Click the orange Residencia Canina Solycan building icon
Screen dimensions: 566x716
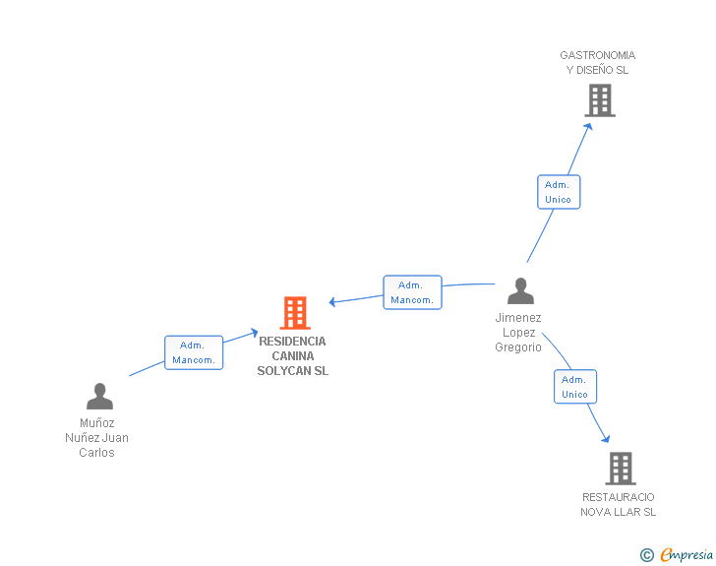(295, 313)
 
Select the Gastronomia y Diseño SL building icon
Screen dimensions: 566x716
(599, 100)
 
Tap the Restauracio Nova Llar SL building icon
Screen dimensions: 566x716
(620, 469)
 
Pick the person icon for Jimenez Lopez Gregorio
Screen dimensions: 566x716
(520, 291)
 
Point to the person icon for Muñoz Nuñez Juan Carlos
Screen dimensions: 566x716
(99, 397)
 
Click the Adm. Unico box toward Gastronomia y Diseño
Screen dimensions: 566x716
(558, 192)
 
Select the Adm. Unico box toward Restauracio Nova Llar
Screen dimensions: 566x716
(574, 387)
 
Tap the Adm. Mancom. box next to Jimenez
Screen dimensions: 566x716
(412, 292)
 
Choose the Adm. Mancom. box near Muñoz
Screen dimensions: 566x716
(193, 352)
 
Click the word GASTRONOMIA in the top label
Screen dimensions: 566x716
(597, 55)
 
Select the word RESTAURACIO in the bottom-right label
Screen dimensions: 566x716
(618, 497)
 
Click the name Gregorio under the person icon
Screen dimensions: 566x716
(518, 347)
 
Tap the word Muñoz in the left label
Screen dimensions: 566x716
(97, 423)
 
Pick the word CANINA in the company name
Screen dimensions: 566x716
(293, 356)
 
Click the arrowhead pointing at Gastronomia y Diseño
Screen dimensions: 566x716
(588, 125)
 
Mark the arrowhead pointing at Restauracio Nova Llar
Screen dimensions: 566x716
(606, 439)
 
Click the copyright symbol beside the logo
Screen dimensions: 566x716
(647, 556)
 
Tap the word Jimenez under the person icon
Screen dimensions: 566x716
(518, 318)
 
